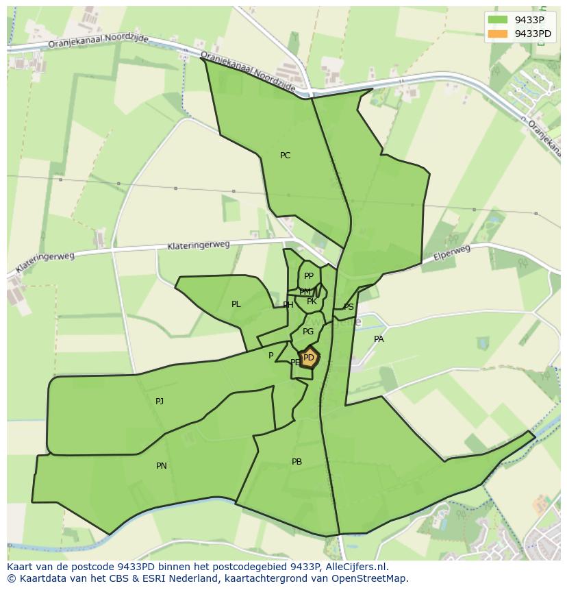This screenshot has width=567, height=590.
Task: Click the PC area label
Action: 285,156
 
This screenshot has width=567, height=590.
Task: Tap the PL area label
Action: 236,304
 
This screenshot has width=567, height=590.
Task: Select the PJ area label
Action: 160,402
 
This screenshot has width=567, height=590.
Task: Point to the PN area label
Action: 161,466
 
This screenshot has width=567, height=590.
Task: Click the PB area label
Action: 297,462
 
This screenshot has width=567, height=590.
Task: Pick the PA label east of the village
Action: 379,339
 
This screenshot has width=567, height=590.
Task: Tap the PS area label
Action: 349,307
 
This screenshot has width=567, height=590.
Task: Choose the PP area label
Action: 308,276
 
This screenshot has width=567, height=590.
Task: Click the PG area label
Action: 308,332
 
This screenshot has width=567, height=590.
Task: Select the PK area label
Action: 312,302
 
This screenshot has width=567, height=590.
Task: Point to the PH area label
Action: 288,305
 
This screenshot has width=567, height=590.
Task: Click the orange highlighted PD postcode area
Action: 309,358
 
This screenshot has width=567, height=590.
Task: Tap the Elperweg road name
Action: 452,253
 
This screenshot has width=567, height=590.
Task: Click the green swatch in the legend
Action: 498,20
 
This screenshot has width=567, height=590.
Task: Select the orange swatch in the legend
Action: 498,34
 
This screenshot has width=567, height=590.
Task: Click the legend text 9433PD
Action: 533,34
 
